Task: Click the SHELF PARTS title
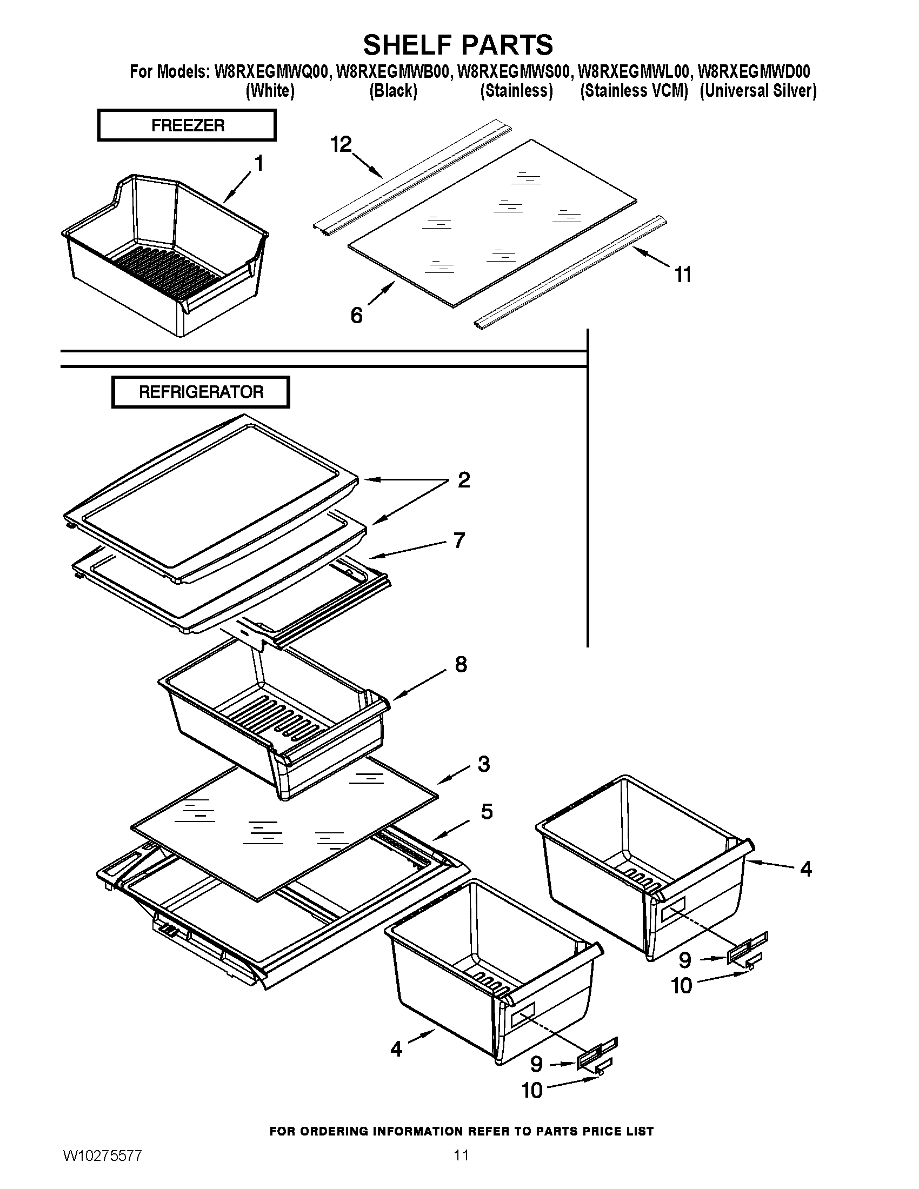point(458,45)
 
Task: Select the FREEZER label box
point(187,125)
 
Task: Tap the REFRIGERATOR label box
point(201,392)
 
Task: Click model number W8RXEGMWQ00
point(272,71)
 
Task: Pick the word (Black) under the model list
point(393,90)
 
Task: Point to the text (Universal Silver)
point(758,90)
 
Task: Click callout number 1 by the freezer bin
point(259,163)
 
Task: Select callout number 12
point(341,145)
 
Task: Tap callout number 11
point(683,275)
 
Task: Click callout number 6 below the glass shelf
point(356,315)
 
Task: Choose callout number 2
point(463,480)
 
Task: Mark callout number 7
point(459,540)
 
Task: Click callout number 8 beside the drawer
point(461,665)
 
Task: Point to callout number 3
point(483,764)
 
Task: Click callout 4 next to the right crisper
point(806,870)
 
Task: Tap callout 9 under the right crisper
point(685,960)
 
